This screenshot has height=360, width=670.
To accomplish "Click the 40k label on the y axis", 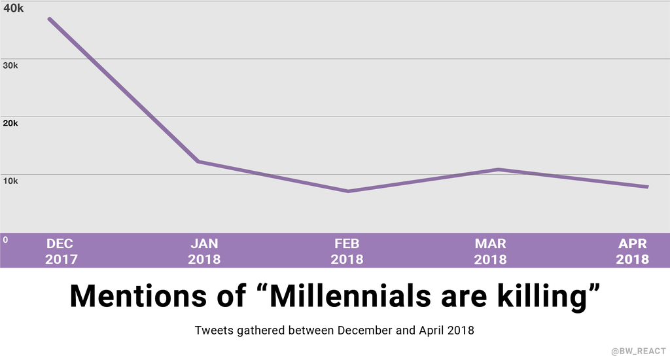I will click(14, 9).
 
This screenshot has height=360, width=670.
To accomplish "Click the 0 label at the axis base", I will click(5, 240).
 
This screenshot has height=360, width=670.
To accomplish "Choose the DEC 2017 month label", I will click(61, 251).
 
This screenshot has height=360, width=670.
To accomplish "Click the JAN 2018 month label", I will click(204, 251).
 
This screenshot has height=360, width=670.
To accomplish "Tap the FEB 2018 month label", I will click(347, 251).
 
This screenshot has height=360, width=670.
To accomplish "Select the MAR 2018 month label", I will click(490, 251).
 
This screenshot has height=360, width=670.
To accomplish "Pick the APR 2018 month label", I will click(632, 251).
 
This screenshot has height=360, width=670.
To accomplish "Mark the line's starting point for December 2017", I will click(49, 18).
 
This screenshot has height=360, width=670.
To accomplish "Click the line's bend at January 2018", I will click(198, 161).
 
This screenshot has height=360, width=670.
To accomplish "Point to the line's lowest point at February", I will click(347, 191).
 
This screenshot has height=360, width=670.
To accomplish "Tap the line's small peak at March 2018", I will click(498, 170).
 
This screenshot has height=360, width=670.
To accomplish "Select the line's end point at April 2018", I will click(647, 187).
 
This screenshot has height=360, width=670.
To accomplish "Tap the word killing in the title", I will click(537, 296).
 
